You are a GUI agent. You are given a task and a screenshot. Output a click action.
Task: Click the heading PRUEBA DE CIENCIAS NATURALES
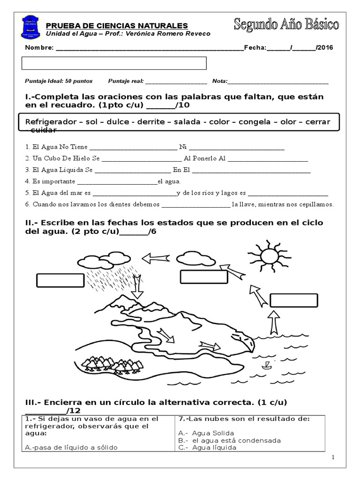click(x=117, y=25)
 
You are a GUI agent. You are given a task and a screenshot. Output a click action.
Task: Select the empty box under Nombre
click(x=114, y=63)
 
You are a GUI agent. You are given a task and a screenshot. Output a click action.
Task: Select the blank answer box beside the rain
click(x=56, y=280)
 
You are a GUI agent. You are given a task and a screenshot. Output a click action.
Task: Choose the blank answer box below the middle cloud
click(x=204, y=277)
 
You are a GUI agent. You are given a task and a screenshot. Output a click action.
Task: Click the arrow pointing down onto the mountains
click(x=137, y=287)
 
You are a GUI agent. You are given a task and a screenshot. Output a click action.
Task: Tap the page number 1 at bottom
click(x=333, y=457)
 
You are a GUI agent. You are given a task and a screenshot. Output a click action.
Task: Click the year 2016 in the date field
click(x=325, y=47)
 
